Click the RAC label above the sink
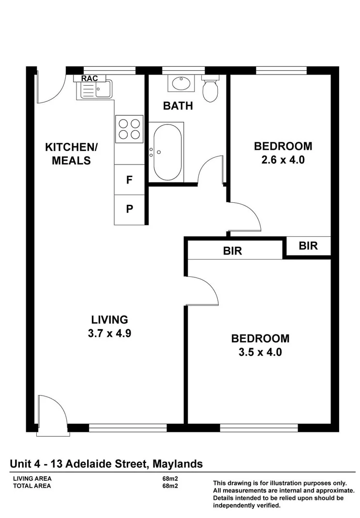(90, 78)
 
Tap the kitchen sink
(94, 90)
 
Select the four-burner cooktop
(129, 129)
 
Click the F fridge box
(129, 180)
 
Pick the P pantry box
(129, 209)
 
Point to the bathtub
(167, 152)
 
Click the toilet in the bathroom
(210, 90)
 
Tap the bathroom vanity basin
(181, 83)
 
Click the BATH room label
(178, 106)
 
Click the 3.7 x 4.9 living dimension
(110, 333)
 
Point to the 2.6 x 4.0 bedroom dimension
(283, 160)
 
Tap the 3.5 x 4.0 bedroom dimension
(260, 352)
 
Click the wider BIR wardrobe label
(232, 251)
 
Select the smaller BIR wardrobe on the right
(308, 246)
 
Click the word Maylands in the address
(178, 464)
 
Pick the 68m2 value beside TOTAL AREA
(170, 486)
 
